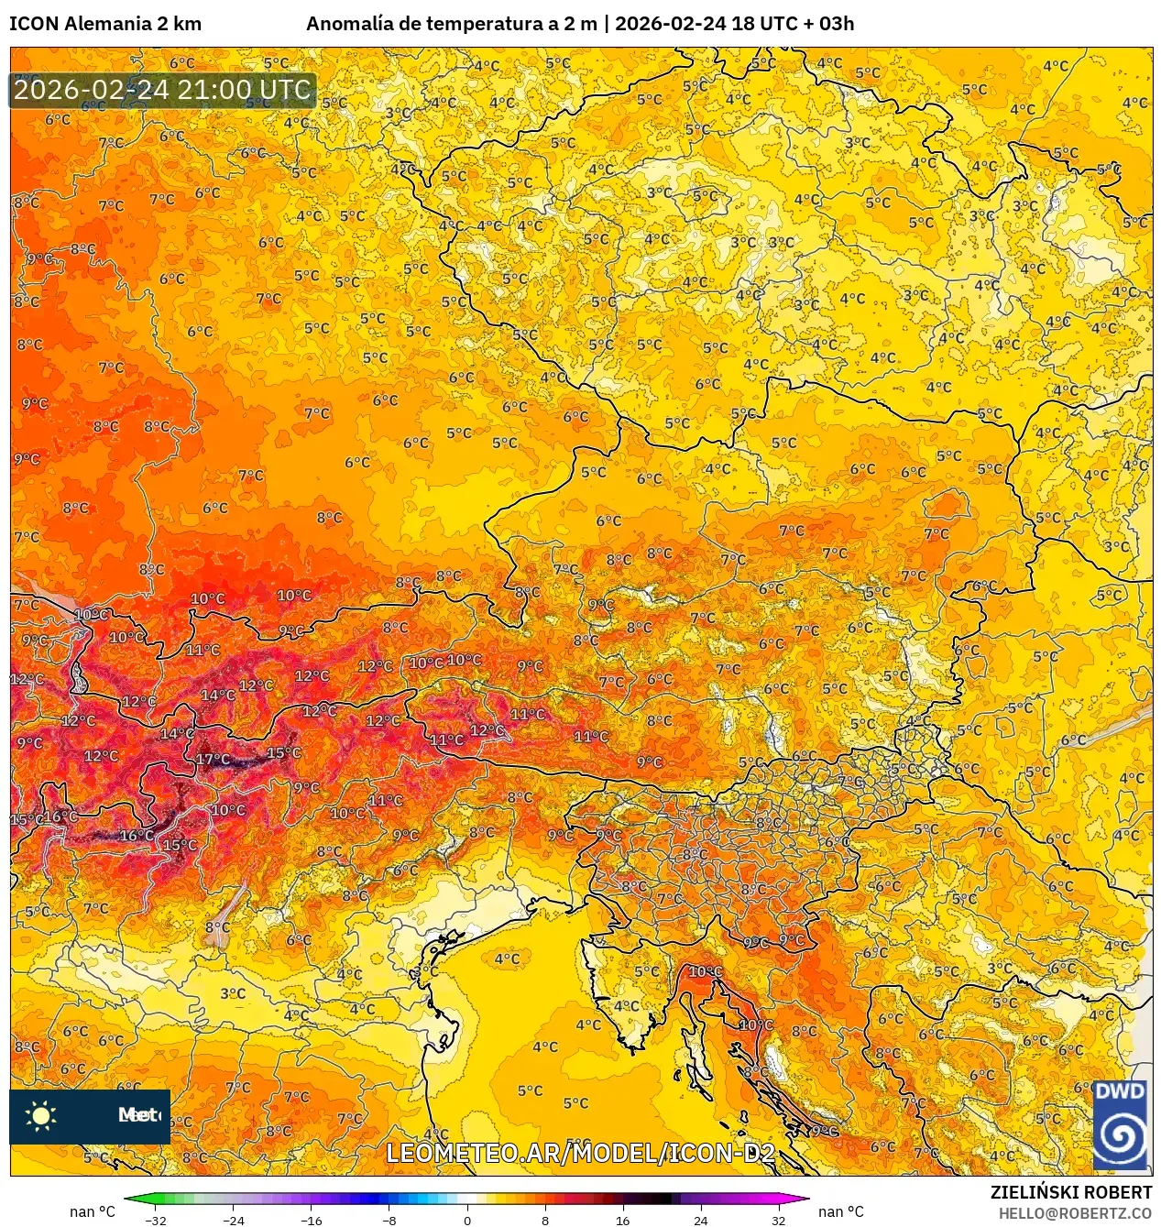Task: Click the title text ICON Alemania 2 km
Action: click(105, 24)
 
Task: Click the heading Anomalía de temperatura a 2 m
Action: click(451, 24)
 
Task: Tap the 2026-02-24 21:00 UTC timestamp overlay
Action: click(162, 90)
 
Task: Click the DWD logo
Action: click(1120, 1124)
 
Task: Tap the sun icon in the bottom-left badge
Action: click(41, 1115)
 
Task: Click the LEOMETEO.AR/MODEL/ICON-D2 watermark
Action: click(580, 1153)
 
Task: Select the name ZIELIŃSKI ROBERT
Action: click(1070, 1192)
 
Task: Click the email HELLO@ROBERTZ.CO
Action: click(1075, 1213)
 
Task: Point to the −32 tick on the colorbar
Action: click(156, 1220)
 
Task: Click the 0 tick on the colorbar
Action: click(467, 1220)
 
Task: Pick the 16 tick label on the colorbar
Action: click(623, 1220)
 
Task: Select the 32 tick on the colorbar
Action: click(778, 1220)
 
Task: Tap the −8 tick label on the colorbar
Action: click(389, 1220)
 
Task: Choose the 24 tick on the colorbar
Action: click(700, 1220)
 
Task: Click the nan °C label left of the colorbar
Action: click(93, 1211)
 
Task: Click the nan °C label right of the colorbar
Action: click(840, 1211)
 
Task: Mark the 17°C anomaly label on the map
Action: click(213, 759)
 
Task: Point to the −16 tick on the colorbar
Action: click(312, 1220)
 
